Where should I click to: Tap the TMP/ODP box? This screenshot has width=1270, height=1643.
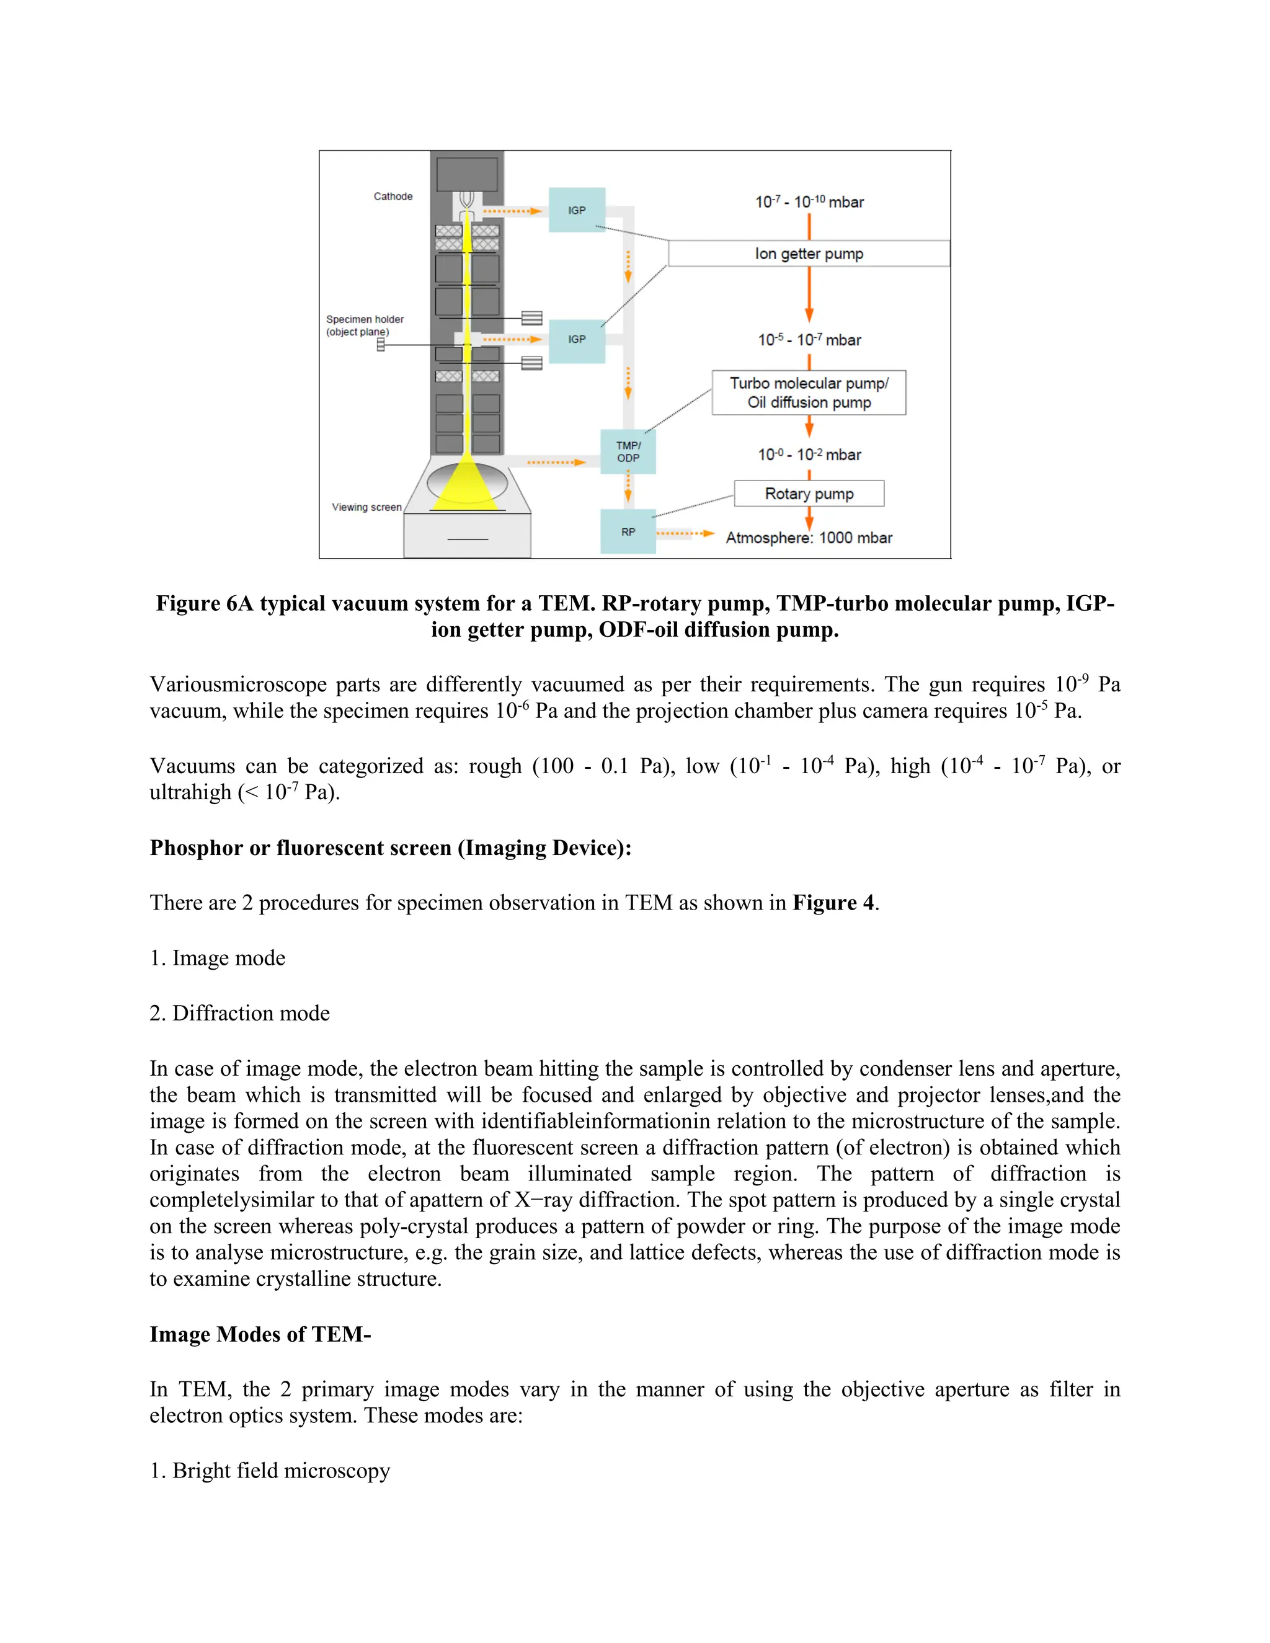(628, 451)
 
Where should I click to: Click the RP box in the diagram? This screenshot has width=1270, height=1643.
(628, 532)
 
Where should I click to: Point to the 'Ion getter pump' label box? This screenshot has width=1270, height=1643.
(808, 254)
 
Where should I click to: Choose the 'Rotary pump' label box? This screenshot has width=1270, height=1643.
(808, 494)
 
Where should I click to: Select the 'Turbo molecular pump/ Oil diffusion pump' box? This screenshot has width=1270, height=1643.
(808, 392)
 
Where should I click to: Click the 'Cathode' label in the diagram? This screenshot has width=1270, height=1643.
(393, 197)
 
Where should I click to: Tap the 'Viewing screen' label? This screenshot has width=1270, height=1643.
(366, 507)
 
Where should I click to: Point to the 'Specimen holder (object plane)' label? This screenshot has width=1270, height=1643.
(364, 325)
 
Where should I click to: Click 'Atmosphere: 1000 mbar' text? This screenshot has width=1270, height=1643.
(808, 538)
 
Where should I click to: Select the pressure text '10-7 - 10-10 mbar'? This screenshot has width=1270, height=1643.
(809, 201)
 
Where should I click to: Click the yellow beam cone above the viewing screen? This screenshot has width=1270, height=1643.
(466, 485)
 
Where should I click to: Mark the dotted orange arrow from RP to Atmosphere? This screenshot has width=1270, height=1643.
(684, 533)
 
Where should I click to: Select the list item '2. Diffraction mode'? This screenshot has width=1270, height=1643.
(239, 1012)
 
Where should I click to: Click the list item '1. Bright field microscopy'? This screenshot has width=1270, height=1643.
(269, 1470)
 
